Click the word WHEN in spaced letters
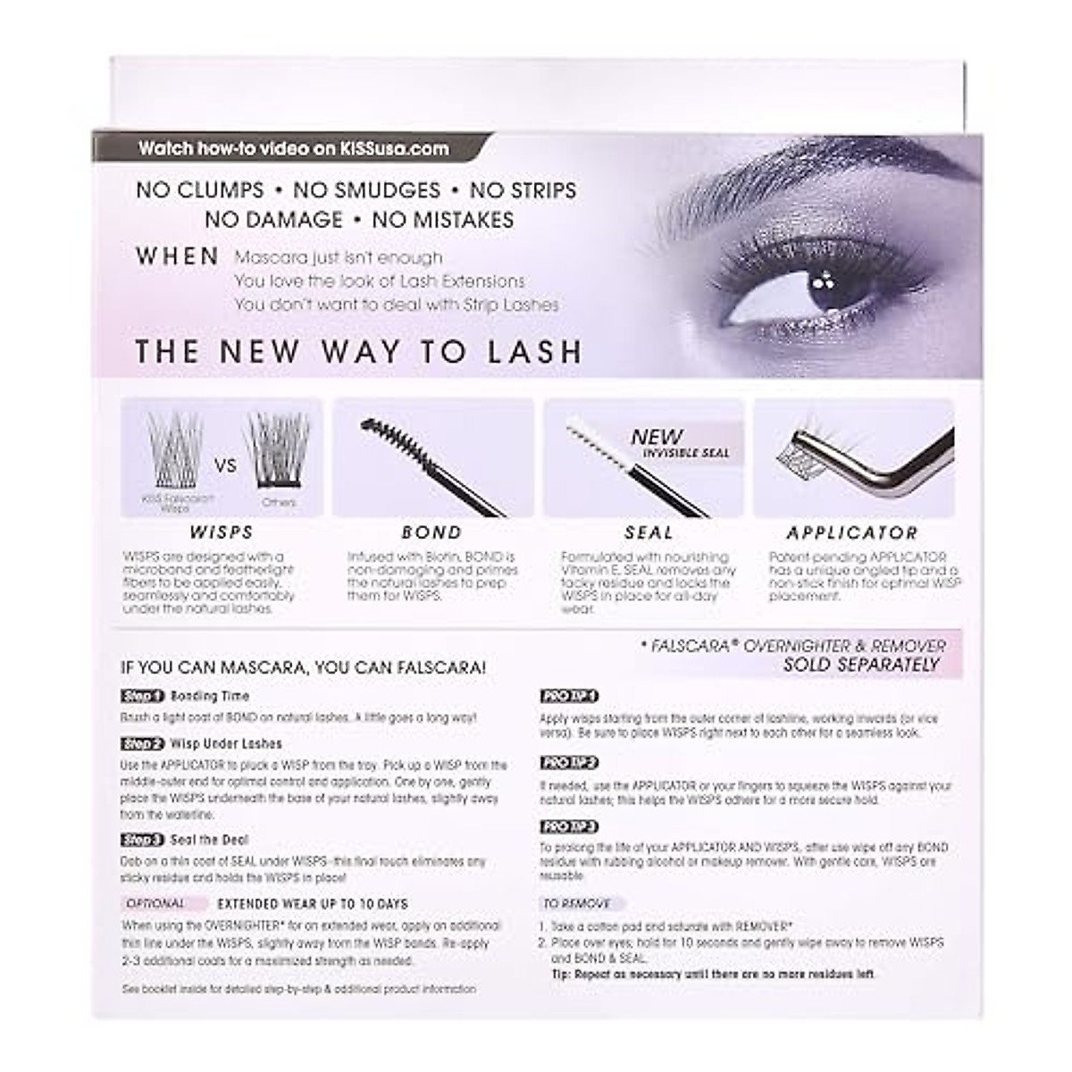coord(178,257)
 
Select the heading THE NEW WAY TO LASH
coord(358,352)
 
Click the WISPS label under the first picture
coord(222,532)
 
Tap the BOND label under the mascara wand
coord(432,532)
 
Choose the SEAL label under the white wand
coord(649,532)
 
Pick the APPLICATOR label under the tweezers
coord(852,533)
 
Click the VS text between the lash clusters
coord(226,465)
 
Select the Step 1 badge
coord(143,696)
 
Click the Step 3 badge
coord(143,840)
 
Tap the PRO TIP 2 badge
coord(568,763)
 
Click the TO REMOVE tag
coord(577,904)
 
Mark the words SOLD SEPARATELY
coord(861,665)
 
